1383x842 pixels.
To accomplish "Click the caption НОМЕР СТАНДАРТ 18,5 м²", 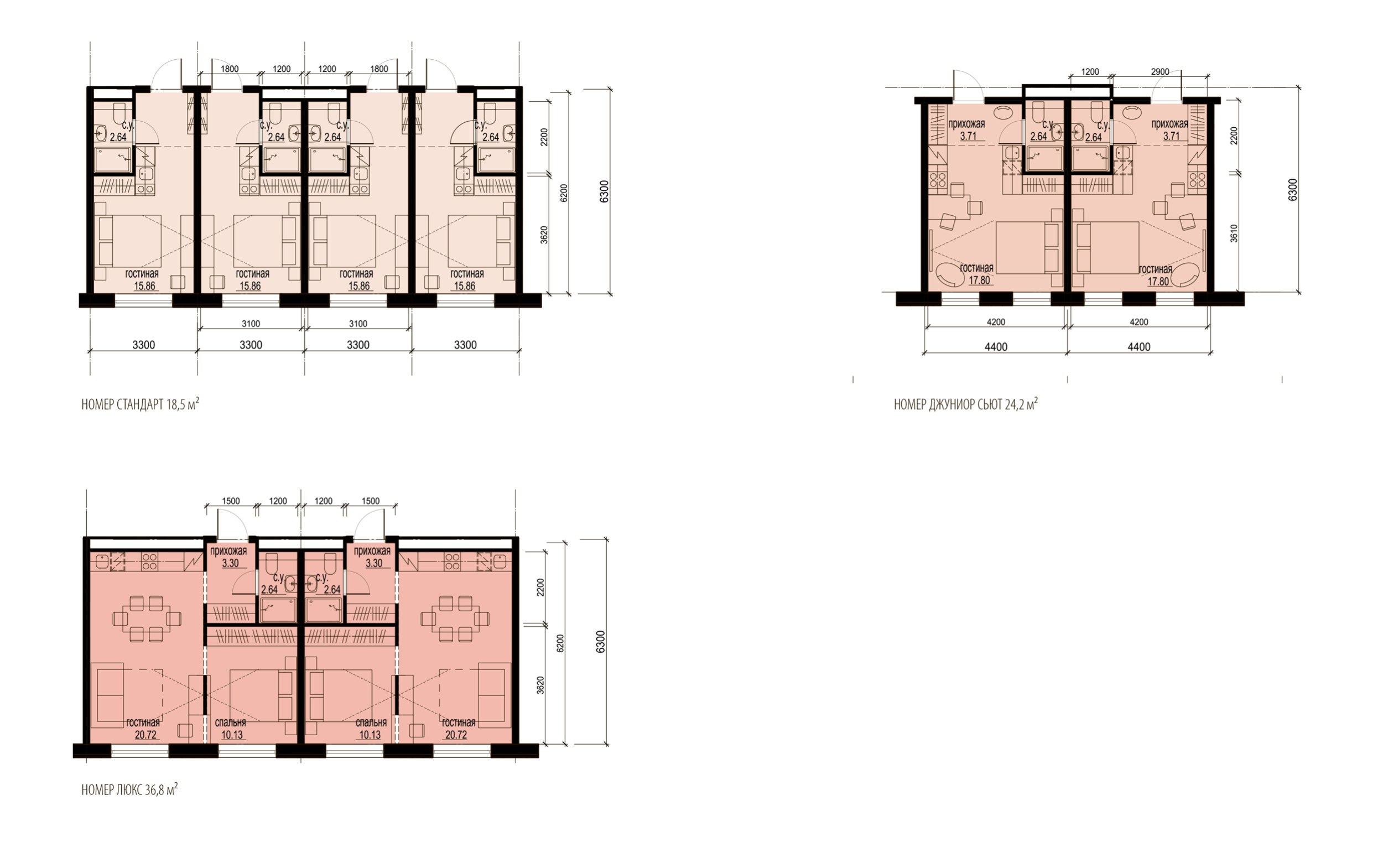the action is [141, 404].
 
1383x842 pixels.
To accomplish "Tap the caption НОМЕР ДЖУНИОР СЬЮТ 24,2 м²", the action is [965, 404].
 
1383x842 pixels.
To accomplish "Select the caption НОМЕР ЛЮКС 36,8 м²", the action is [129, 790].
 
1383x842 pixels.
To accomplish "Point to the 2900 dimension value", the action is [1160, 72].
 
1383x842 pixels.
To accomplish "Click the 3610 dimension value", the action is [1234, 233].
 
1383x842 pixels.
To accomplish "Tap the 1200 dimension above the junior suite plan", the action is [1089, 72].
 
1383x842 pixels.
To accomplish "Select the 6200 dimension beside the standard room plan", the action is [564, 193].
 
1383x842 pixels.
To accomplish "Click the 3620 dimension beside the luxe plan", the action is [540, 685].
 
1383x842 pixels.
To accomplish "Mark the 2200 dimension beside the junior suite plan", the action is [1234, 136].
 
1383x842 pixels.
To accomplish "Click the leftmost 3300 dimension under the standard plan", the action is [144, 345].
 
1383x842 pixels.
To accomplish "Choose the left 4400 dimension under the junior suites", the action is [996, 347].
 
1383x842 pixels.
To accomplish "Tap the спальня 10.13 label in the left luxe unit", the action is [231, 729].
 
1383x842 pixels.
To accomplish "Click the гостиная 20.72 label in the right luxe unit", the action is [458, 729].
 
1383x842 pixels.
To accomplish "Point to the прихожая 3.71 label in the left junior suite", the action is [966, 129].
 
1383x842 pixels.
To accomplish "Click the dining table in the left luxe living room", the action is [147, 618].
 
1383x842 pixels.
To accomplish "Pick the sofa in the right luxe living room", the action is [495, 695].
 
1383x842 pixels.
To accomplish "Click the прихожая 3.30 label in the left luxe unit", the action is [228, 558].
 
